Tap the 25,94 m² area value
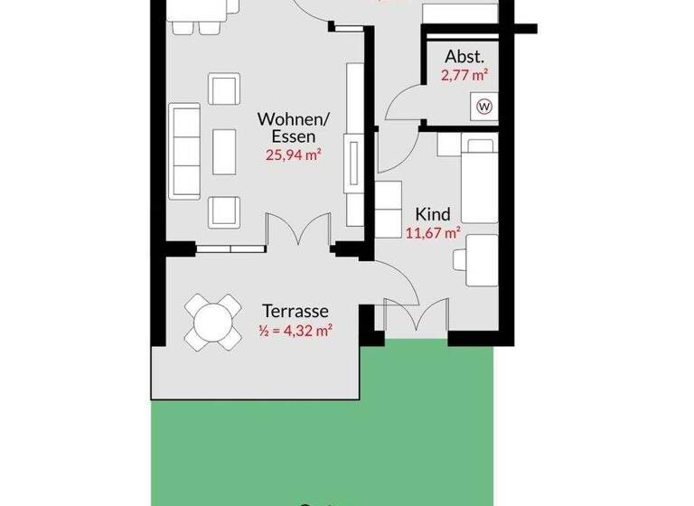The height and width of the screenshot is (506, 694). click(295, 155)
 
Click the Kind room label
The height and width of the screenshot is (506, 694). click(432, 214)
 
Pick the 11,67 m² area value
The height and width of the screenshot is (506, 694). click(434, 232)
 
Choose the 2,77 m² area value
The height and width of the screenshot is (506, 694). click(464, 76)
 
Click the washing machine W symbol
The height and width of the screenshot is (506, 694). click(485, 107)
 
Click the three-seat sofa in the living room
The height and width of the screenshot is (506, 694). click(186, 150)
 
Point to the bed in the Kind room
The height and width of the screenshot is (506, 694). click(479, 178)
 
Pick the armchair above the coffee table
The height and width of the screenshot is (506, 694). click(222, 89)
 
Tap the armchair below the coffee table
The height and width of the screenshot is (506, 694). click(222, 211)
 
